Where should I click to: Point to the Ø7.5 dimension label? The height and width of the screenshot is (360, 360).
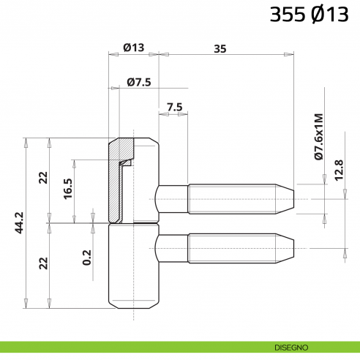coord(138,82)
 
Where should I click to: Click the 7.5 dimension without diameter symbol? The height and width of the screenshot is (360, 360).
coord(174,107)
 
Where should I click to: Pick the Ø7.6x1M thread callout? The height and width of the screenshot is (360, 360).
coord(318,136)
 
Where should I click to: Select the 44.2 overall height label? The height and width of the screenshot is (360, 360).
coord(20,222)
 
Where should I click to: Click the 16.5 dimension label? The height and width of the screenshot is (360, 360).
coord(68,190)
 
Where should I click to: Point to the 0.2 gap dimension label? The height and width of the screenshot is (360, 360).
coord(88,257)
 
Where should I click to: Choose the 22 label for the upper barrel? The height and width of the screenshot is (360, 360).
coord(43,178)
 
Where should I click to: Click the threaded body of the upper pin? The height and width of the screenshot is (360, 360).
coord(230,196)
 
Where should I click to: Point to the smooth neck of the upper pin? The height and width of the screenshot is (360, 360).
coord(173,196)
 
